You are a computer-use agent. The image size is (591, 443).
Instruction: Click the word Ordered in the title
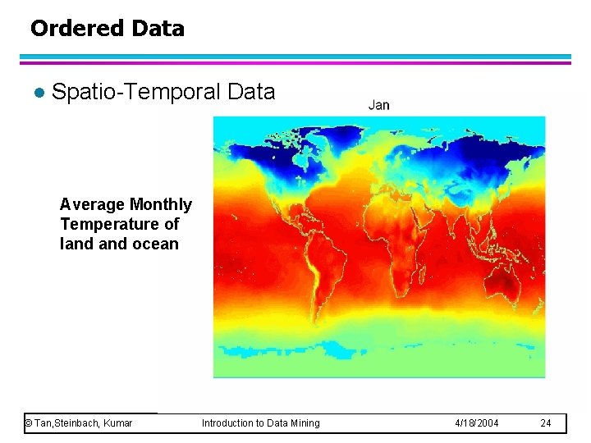click(68, 29)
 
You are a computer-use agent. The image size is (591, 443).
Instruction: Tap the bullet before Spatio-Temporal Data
click(34, 93)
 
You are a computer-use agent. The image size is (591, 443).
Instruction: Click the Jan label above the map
click(378, 104)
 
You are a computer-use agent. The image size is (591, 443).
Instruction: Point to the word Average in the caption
click(93, 204)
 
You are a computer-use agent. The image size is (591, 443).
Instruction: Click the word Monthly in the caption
click(161, 204)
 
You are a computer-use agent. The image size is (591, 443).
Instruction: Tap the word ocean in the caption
click(155, 244)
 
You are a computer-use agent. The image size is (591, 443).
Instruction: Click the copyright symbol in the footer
click(29, 423)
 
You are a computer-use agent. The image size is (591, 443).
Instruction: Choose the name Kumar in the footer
click(117, 423)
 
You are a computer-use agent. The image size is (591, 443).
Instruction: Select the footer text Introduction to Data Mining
click(261, 423)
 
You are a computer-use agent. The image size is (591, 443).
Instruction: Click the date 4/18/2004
click(476, 423)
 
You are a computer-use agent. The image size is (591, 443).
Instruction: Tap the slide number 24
click(546, 423)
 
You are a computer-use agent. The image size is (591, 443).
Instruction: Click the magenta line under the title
click(295, 62)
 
